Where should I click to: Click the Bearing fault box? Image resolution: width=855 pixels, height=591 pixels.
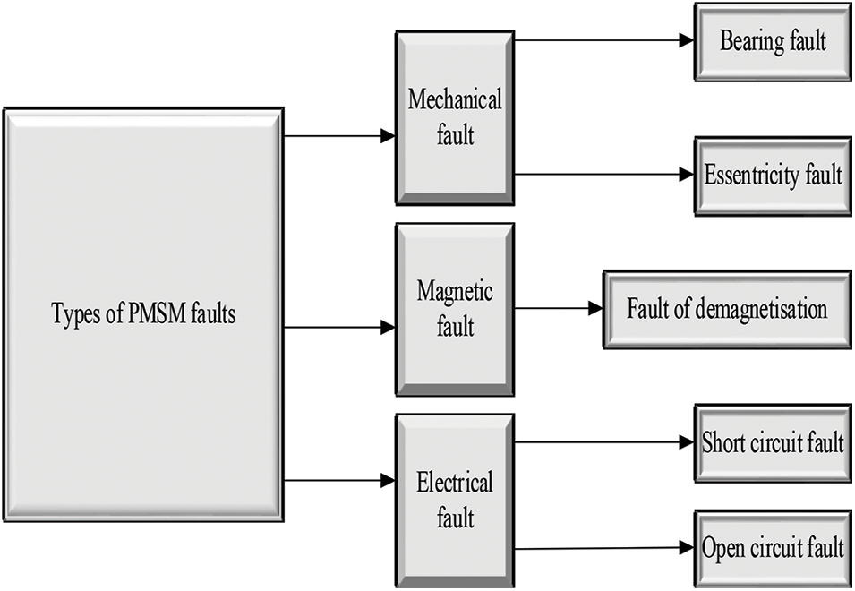(773, 42)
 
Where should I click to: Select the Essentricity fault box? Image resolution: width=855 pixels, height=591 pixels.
(773, 176)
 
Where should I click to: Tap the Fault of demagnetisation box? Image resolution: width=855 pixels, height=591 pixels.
(727, 309)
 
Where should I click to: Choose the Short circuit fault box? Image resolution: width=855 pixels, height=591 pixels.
(773, 443)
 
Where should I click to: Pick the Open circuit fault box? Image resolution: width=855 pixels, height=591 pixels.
(773, 550)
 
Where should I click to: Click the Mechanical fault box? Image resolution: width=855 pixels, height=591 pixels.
(455, 118)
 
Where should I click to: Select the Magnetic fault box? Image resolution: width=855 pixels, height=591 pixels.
(455, 309)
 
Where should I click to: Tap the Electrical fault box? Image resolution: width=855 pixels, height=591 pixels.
(455, 501)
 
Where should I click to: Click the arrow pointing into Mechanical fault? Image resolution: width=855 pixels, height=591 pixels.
(339, 136)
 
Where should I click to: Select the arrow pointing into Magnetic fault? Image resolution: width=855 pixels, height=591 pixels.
(339, 327)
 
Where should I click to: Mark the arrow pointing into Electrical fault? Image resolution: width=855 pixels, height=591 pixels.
(339, 480)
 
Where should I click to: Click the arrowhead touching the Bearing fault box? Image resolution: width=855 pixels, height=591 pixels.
(687, 39)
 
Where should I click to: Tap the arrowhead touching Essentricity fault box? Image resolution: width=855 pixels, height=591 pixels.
(687, 175)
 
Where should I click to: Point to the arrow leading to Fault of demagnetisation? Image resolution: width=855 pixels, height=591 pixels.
(559, 309)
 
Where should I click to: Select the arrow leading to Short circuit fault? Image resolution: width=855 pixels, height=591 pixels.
(604, 442)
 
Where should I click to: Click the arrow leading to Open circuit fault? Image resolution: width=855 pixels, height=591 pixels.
(604, 548)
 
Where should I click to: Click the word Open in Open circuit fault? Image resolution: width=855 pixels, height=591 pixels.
(723, 549)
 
